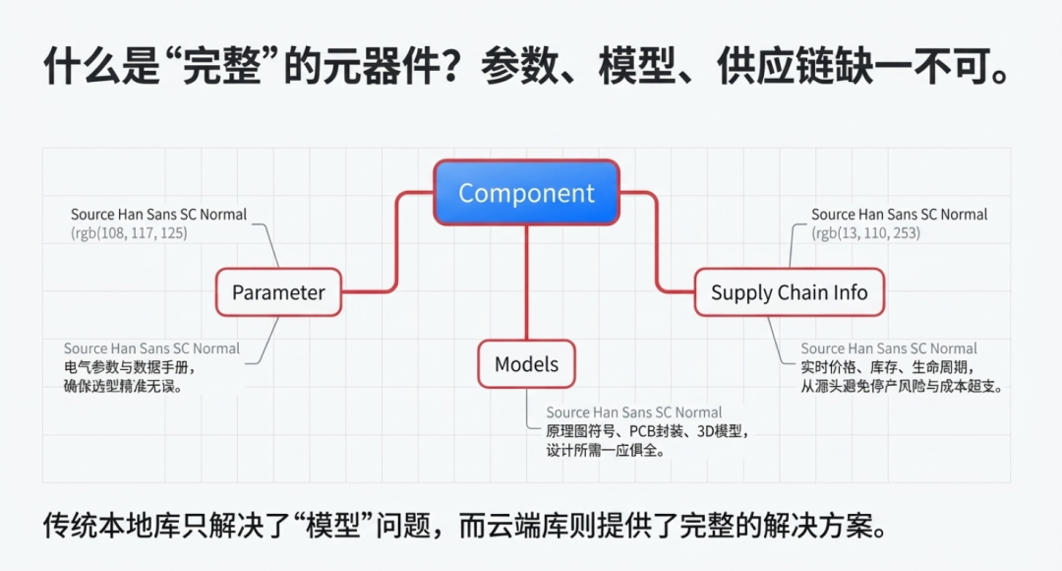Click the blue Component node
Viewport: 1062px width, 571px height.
527,193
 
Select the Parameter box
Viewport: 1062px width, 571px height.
278,292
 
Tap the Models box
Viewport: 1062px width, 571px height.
526,364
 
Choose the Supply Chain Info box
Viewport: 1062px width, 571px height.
789,292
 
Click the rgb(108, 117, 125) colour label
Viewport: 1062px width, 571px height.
129,233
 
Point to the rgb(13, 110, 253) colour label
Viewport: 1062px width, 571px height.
865,233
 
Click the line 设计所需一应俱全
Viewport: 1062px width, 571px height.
606,451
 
